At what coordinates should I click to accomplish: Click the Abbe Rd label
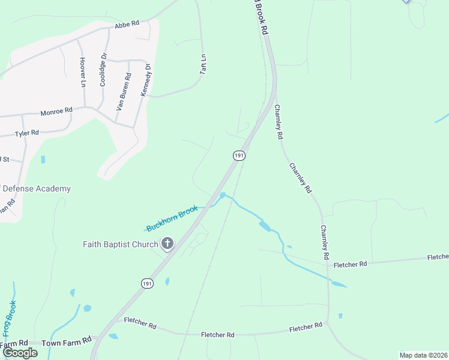click(127, 23)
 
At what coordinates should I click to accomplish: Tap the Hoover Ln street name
click(82, 73)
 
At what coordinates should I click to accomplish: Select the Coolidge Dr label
click(103, 70)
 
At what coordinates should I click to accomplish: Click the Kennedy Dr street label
click(145, 80)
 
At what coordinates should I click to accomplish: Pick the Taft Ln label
click(203, 65)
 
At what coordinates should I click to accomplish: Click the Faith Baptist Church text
click(120, 244)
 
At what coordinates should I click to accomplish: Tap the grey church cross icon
click(167, 244)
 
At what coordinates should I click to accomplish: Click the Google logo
click(20, 353)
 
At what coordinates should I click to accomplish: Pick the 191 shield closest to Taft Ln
click(239, 155)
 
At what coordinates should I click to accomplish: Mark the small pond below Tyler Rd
click(43, 160)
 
